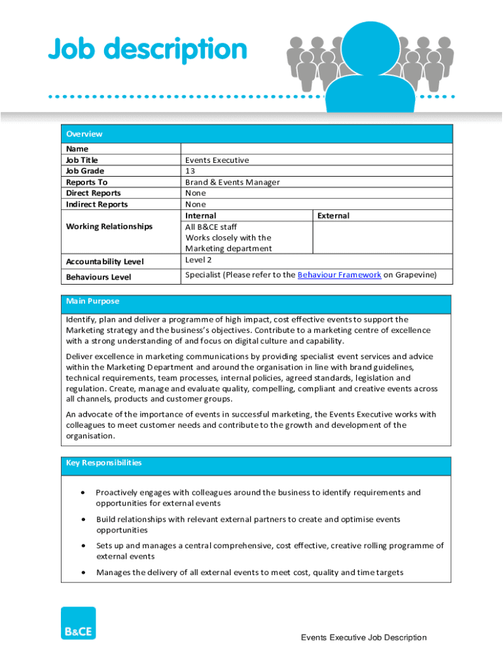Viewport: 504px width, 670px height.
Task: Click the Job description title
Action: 147,50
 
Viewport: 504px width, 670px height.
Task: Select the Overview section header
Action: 84,134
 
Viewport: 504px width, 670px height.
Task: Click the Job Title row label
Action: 82,160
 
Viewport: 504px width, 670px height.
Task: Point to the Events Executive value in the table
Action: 217,160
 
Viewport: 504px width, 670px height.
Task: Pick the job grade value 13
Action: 190,171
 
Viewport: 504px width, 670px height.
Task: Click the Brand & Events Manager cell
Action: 232,183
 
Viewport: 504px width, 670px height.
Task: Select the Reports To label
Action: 86,183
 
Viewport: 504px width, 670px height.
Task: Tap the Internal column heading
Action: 200,216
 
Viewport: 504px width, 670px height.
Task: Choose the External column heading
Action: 333,216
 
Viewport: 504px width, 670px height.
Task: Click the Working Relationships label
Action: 109,226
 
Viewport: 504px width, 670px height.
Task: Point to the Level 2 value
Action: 199,260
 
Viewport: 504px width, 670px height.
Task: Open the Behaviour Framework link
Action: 339,275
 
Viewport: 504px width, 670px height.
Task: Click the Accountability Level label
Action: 105,262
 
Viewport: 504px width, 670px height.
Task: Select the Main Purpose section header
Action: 92,302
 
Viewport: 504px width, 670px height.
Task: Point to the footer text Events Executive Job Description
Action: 363,638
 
